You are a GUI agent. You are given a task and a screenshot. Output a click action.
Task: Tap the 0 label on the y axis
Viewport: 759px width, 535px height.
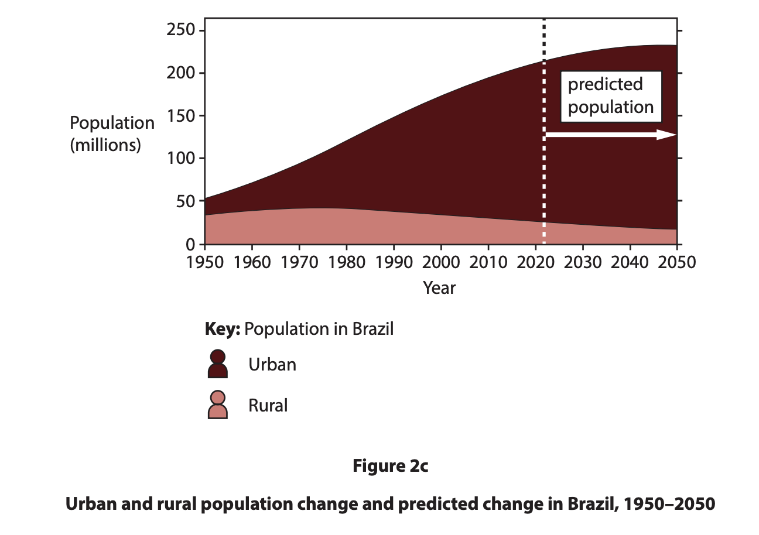click(191, 244)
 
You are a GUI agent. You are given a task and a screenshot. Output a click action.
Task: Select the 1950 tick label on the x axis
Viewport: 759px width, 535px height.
click(205, 262)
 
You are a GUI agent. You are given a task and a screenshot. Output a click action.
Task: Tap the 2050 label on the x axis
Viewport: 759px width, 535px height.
click(676, 262)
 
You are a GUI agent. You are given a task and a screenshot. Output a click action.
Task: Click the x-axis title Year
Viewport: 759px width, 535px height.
click(439, 288)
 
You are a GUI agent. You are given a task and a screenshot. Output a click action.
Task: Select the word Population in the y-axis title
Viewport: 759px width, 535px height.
click(112, 124)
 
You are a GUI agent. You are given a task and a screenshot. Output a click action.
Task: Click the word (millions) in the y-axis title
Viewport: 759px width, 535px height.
click(105, 145)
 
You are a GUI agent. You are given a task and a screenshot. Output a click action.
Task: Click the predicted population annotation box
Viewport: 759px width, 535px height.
click(611, 97)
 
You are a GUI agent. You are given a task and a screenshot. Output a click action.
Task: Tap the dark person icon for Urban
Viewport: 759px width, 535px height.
click(217, 364)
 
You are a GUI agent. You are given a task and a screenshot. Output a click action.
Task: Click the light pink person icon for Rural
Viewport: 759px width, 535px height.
click(217, 405)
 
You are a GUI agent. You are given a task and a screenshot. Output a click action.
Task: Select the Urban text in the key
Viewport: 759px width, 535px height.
click(272, 365)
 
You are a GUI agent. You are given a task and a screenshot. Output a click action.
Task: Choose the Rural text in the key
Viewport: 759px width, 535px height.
click(268, 406)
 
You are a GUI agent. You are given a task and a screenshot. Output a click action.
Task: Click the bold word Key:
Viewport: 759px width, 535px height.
click(223, 329)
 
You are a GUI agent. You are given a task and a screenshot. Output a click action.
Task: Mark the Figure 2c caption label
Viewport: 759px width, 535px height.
click(390, 467)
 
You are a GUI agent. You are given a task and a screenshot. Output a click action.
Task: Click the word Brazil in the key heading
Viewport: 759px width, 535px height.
click(372, 329)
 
